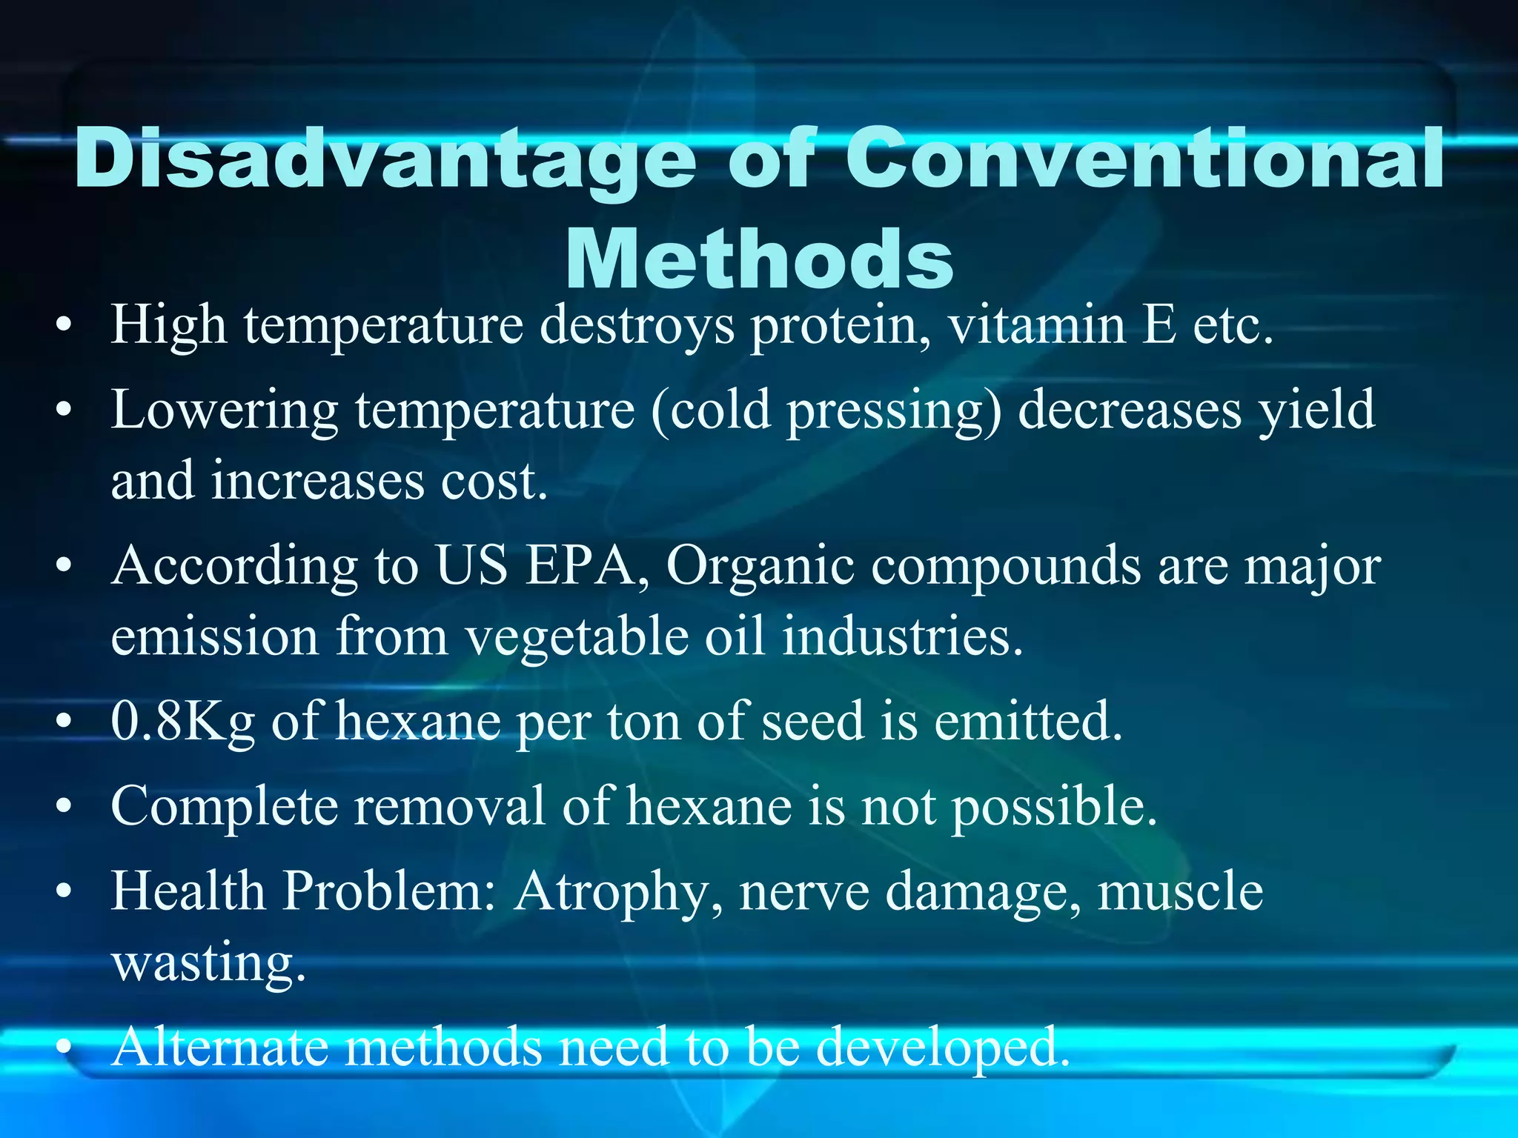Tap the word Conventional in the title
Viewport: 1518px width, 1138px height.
click(1145, 159)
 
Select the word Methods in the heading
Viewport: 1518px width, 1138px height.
click(759, 259)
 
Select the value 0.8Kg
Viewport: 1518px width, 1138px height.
click(182, 722)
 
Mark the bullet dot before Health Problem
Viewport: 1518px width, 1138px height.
click(65, 891)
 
